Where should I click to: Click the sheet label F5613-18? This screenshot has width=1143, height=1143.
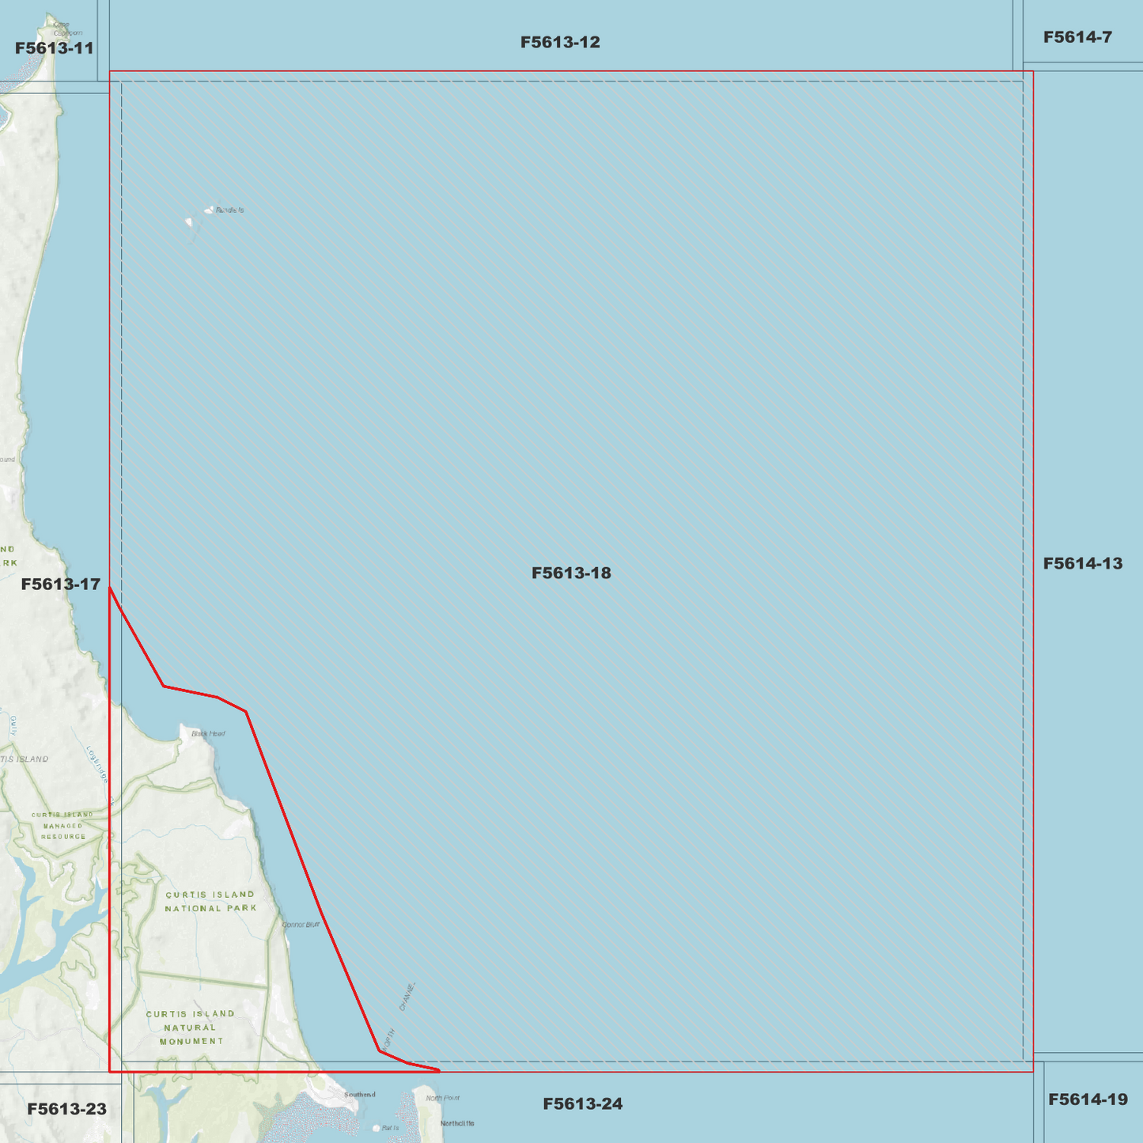(571, 573)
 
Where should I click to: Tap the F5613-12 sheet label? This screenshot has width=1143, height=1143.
(560, 42)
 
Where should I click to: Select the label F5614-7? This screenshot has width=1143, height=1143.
(1077, 37)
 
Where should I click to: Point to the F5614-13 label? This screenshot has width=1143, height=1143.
(1082, 563)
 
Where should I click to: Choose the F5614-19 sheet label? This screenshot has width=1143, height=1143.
(1088, 1099)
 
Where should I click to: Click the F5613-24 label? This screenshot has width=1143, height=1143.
(582, 1103)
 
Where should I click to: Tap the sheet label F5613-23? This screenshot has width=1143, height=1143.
(66, 1109)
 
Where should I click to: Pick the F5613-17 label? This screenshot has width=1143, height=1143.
(61, 584)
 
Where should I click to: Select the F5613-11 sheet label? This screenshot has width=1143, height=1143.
(55, 48)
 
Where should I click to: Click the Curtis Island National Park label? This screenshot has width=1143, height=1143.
(210, 901)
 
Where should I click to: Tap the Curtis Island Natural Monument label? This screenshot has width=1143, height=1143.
(191, 1027)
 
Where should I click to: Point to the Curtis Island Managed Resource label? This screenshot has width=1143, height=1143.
(62, 825)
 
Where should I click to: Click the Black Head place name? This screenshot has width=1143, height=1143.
(208, 733)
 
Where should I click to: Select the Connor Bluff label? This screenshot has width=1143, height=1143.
(301, 924)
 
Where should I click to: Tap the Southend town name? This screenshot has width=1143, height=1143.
(360, 1095)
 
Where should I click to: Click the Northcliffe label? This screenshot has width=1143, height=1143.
(457, 1123)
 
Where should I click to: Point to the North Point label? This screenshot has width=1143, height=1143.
(442, 1098)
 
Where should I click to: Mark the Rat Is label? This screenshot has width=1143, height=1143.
(390, 1128)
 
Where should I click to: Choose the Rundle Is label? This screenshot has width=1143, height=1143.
(229, 210)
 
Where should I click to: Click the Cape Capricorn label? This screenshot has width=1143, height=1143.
(66, 29)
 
